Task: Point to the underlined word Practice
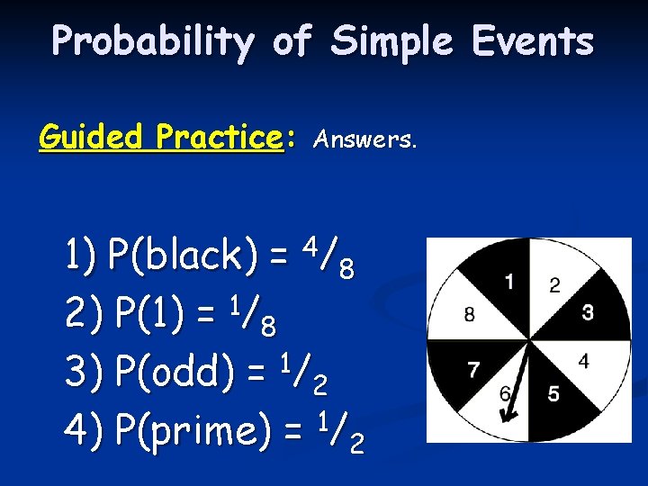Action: point(219,138)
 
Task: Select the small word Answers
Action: point(364,139)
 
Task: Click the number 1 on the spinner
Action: point(509,283)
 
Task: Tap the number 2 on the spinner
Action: point(554,285)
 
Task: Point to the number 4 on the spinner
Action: point(583,362)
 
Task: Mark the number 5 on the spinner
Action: point(553,394)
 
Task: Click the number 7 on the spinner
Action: point(474,369)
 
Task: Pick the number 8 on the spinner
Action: point(470,314)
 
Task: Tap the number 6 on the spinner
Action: point(507,392)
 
